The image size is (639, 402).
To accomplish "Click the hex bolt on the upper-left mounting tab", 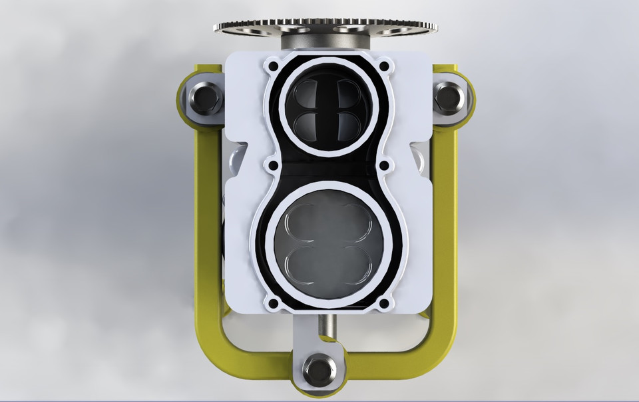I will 206,99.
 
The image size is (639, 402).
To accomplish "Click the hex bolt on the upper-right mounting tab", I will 450,97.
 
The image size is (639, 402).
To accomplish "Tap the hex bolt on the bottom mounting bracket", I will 320,369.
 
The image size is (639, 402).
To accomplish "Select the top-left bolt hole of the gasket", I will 272,67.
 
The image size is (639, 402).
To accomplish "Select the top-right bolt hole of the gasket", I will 383,67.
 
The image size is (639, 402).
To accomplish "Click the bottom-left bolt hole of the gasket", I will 272,304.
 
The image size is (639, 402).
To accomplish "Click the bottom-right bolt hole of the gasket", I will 383,304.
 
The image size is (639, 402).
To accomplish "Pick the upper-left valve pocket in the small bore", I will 308,92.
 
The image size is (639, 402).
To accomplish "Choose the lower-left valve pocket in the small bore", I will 308,124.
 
